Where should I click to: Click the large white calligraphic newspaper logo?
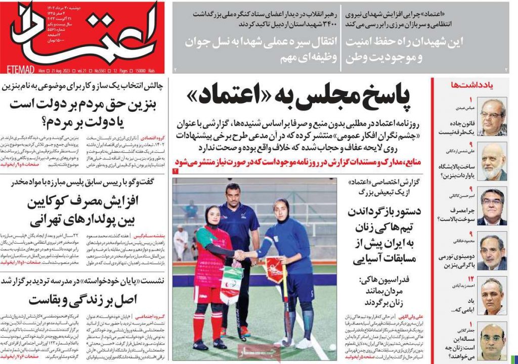(x=83, y=33)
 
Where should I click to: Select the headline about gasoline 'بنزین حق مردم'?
(x=84, y=112)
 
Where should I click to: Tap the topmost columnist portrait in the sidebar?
(x=492, y=117)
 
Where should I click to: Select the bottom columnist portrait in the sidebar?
(x=492, y=342)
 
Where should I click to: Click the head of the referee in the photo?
(x=232, y=193)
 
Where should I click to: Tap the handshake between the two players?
(x=243, y=256)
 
